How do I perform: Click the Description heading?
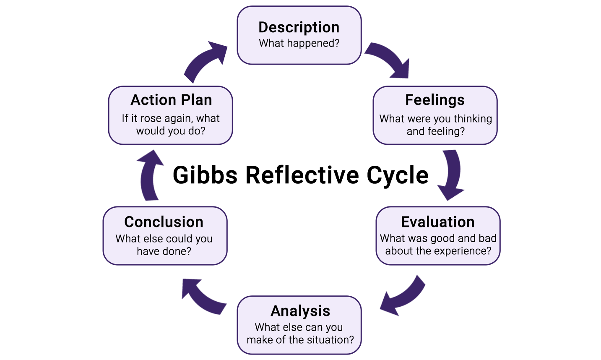pos(299,27)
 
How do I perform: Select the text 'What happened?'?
pos(299,43)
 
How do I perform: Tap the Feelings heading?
pos(435,100)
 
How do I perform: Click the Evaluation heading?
pos(438,222)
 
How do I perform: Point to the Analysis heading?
pos(300,311)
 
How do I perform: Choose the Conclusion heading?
pos(164,222)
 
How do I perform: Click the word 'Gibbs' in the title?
pos(205,175)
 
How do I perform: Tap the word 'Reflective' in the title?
pos(302,175)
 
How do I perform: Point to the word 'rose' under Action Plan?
pos(151,119)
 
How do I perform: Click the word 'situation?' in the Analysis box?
pos(331,340)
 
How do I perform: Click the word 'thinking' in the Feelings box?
pos(473,119)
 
